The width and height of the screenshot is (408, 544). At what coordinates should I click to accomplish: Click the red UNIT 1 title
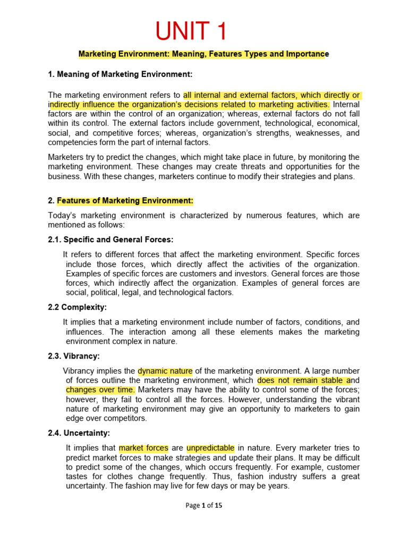(x=191, y=32)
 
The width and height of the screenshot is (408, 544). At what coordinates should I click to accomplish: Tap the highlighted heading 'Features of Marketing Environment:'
(x=125, y=201)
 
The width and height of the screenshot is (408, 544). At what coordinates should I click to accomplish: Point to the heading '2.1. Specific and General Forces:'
(x=110, y=240)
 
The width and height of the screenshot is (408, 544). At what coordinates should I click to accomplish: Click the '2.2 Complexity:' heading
(x=78, y=307)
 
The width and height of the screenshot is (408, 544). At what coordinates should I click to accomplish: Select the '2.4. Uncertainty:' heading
(x=79, y=433)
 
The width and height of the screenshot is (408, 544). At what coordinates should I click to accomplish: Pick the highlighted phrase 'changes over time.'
(x=100, y=390)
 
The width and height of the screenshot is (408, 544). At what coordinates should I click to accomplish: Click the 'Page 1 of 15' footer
(x=203, y=506)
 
